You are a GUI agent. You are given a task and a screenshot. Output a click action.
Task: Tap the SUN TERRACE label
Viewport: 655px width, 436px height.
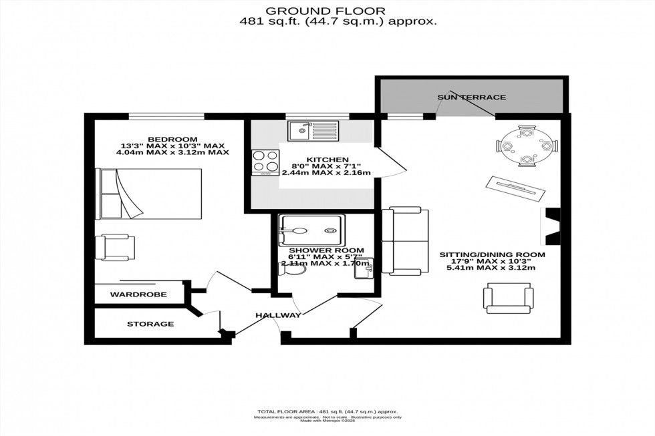click(471, 97)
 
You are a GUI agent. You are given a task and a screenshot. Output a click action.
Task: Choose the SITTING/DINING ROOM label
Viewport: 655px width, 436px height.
click(492, 254)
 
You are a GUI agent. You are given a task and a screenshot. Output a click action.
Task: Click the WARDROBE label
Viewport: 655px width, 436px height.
click(138, 294)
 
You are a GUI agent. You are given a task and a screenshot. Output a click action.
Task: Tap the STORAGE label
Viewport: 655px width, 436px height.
click(150, 324)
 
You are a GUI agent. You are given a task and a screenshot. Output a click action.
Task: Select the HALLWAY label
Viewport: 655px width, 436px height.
click(278, 315)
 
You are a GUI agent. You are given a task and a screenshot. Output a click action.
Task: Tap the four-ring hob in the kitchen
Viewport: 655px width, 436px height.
click(265, 162)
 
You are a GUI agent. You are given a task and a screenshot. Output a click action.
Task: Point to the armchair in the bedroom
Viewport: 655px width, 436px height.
click(114, 246)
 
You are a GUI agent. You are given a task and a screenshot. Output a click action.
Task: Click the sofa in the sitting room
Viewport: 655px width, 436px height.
click(404, 241)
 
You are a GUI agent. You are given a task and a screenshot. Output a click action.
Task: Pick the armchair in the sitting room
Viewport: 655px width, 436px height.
click(509, 298)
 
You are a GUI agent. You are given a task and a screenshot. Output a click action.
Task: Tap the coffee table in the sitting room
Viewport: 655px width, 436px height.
click(519, 187)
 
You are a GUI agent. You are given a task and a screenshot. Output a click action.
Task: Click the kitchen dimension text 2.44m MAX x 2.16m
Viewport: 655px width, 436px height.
click(326, 173)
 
